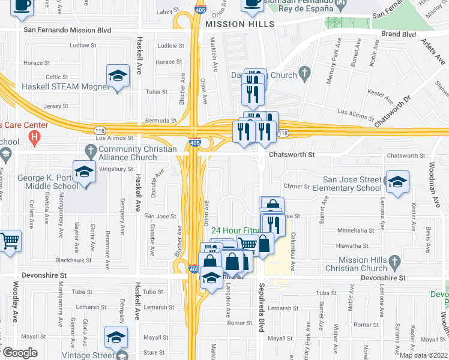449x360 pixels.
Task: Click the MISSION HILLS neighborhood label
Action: tap(239, 24)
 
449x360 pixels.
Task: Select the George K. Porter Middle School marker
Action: tap(85, 172)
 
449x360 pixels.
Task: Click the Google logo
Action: tap(20, 353)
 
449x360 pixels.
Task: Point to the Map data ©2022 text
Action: tap(424, 355)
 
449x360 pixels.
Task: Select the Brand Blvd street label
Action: tap(399, 34)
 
